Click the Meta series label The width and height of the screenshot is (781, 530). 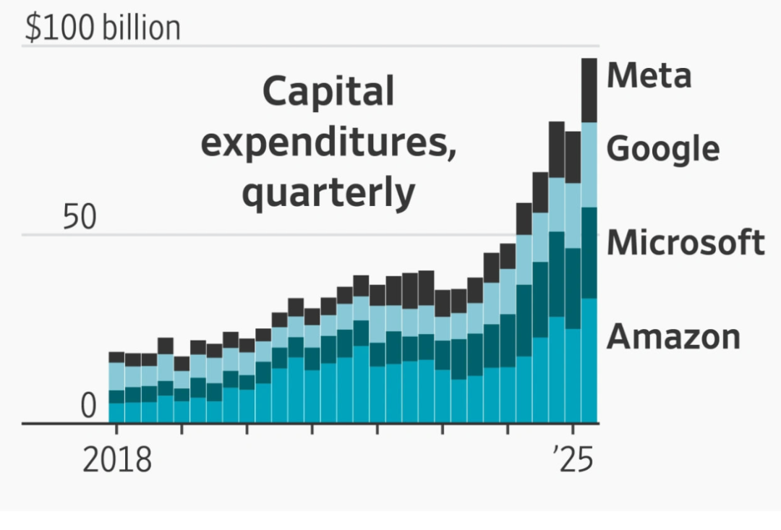point(649,75)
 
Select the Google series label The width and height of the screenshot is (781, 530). point(662,149)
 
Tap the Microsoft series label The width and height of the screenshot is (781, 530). point(685,242)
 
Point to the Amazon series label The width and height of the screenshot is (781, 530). point(673,336)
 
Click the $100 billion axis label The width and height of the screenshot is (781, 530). point(103,28)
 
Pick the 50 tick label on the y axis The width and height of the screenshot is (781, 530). point(79,217)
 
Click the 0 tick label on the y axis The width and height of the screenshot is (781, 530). point(88,406)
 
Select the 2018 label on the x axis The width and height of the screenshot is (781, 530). point(117,460)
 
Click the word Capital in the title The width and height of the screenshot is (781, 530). point(328,93)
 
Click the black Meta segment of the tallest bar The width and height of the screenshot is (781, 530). point(589,90)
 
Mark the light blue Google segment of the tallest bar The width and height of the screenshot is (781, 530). point(589,165)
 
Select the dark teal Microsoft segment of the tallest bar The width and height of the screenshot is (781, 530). point(589,252)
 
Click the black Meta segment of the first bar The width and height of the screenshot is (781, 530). point(116,357)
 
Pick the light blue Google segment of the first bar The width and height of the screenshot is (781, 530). point(116,376)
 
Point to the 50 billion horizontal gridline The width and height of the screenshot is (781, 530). point(289,235)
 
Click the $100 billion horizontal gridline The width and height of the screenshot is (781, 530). point(362,46)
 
